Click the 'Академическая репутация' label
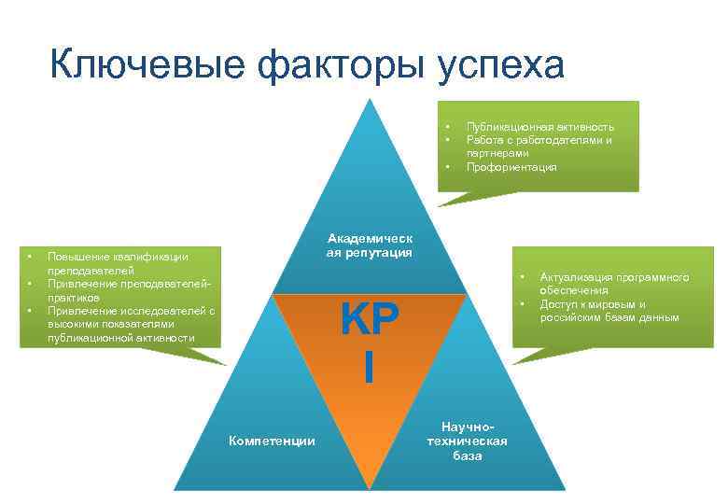click(x=370, y=245)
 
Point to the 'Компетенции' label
click(x=272, y=441)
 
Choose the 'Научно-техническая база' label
click(x=467, y=441)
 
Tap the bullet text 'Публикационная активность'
click(x=539, y=127)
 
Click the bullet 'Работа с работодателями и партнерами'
click(x=539, y=147)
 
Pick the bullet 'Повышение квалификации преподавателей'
click(x=118, y=263)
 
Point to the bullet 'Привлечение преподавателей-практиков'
click(x=130, y=290)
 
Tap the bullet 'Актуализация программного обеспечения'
click(x=613, y=284)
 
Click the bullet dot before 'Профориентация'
click(x=448, y=167)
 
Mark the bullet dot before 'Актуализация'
click(x=523, y=277)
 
